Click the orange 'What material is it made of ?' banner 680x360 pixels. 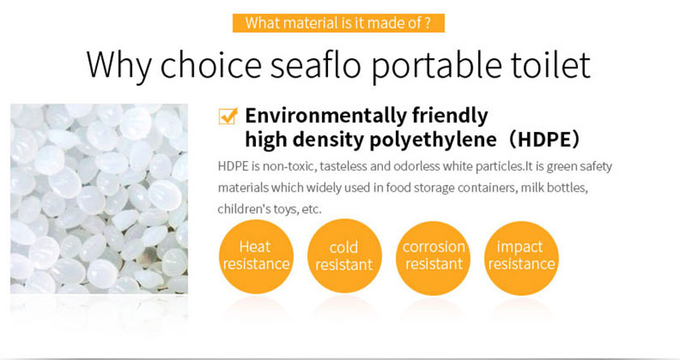pyautogui.click(x=338, y=23)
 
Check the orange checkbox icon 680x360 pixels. pyautogui.click(x=228, y=116)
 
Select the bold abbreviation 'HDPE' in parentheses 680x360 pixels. pyautogui.click(x=543, y=139)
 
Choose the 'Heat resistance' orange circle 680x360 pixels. pyautogui.click(x=256, y=256)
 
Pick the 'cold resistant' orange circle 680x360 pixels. pyautogui.click(x=344, y=256)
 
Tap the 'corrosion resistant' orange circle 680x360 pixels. pyautogui.click(x=433, y=257)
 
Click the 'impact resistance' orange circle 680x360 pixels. pyautogui.click(x=521, y=257)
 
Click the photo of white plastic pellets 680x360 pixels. pyautogui.click(x=100, y=199)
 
